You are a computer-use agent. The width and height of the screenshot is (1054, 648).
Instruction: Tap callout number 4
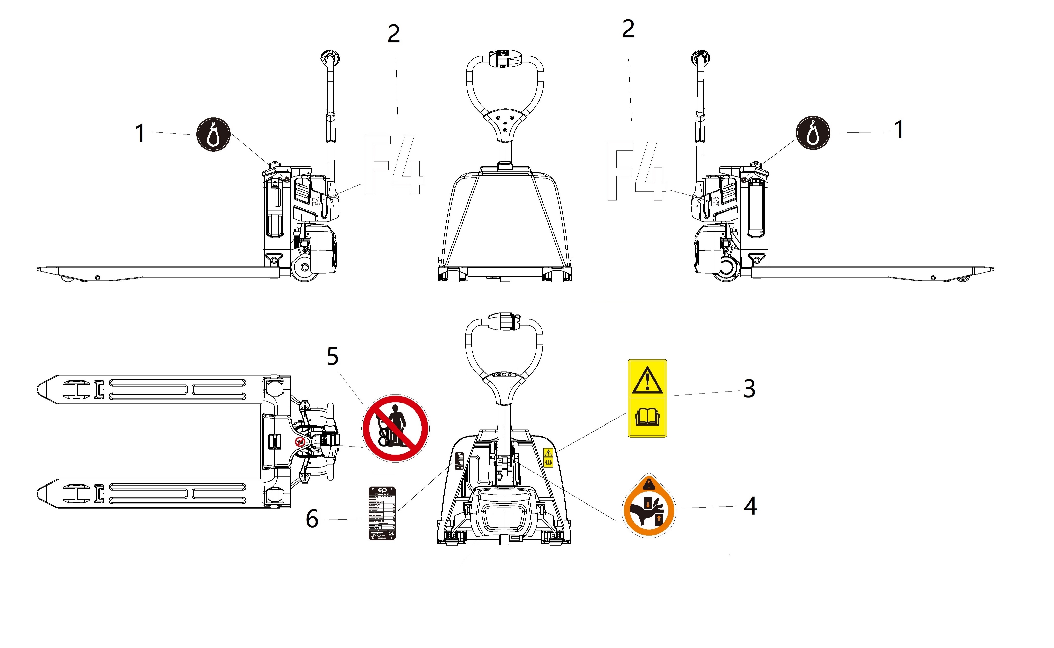(x=750, y=506)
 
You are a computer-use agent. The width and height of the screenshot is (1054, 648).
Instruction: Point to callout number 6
(x=312, y=519)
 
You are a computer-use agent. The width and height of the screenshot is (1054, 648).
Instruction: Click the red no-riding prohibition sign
(x=396, y=428)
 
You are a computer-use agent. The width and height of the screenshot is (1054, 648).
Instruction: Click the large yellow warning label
(x=647, y=398)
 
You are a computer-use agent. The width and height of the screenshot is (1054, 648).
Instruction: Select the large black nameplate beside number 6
(x=382, y=513)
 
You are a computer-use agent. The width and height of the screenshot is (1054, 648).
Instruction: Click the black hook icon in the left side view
(x=213, y=135)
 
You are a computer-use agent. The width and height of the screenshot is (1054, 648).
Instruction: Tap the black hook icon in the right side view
(x=812, y=132)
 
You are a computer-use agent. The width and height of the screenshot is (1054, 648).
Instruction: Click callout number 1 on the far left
(x=140, y=133)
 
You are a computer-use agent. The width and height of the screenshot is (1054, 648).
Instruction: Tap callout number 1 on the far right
(x=899, y=129)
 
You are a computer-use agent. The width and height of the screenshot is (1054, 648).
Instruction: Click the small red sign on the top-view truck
(x=300, y=442)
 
